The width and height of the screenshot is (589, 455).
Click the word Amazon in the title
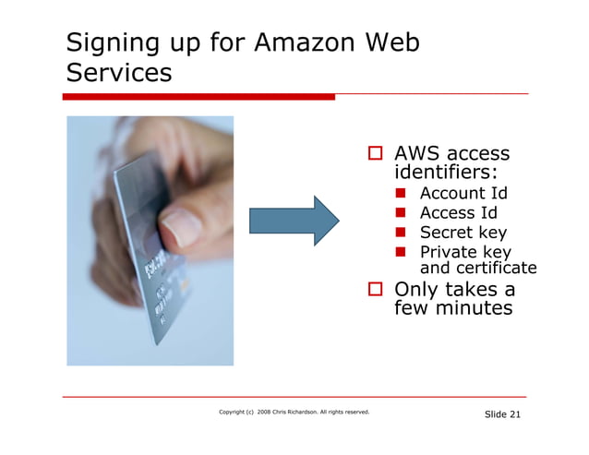pyautogui.click(x=306, y=43)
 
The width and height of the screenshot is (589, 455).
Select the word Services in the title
pyautogui.click(x=118, y=73)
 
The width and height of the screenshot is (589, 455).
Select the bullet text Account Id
pyautogui.click(x=463, y=193)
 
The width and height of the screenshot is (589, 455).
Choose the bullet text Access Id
pyautogui.click(x=459, y=213)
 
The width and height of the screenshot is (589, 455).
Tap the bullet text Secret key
pyautogui.click(x=463, y=233)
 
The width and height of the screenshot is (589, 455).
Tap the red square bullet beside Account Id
pyautogui.click(x=403, y=194)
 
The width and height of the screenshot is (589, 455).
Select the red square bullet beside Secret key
pyautogui.click(x=403, y=233)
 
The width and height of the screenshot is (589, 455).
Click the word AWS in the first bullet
pyautogui.click(x=417, y=153)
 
